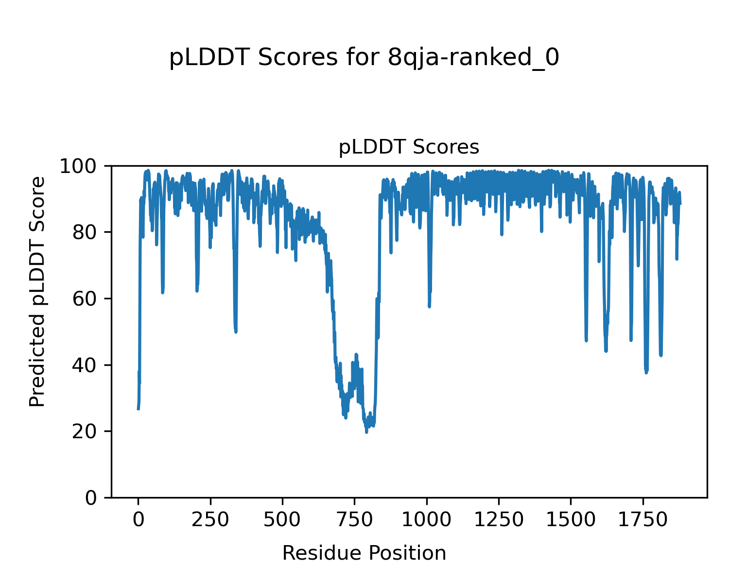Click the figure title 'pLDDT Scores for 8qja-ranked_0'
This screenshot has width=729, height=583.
364,58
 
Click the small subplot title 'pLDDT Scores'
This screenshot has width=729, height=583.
409,147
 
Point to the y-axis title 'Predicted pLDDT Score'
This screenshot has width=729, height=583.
37,291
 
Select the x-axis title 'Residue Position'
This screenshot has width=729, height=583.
364,553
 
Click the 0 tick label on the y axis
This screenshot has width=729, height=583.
91,497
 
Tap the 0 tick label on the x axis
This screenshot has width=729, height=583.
139,520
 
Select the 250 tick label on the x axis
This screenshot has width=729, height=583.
210,520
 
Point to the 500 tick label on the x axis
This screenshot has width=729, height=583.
282,520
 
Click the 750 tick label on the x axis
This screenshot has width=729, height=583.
354,520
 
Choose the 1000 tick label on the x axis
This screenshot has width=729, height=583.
426,520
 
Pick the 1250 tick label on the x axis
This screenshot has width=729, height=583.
498,520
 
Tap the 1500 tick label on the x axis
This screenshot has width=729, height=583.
570,520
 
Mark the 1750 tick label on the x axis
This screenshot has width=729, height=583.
642,520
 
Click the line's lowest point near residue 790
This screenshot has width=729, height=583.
366,432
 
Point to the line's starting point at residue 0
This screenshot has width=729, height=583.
139,409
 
